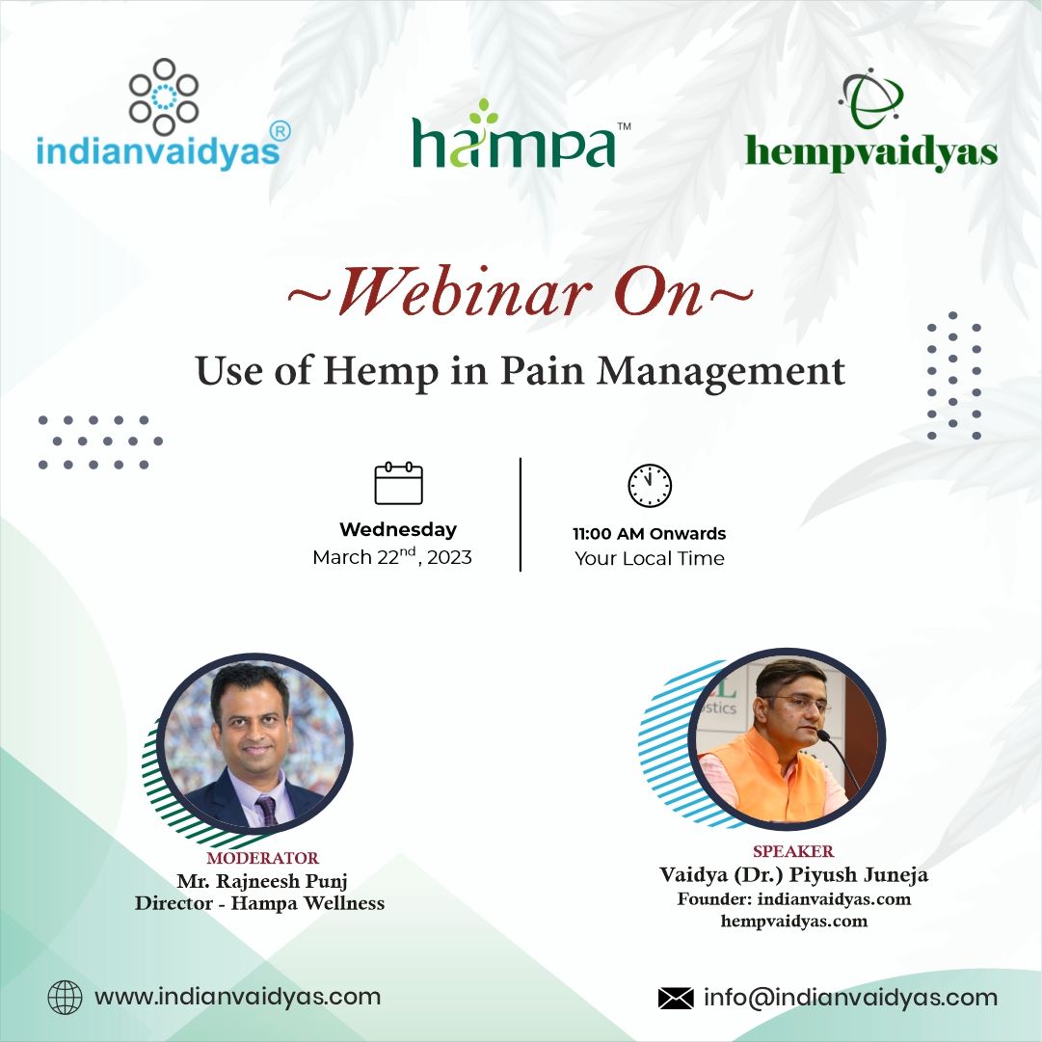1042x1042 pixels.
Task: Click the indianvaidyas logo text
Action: point(158,150)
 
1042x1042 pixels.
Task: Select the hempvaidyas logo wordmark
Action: point(871,153)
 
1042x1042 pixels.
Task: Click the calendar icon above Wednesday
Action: point(399,483)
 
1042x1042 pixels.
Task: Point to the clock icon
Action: point(650,485)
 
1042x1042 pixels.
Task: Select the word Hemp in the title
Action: point(381,370)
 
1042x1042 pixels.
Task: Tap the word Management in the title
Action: point(721,371)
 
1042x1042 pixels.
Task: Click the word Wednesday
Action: point(398,529)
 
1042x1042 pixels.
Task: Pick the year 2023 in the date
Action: point(450,557)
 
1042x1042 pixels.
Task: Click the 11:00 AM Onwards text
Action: point(650,534)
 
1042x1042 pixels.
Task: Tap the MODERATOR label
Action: point(263,858)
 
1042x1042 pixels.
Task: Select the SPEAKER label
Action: point(793,851)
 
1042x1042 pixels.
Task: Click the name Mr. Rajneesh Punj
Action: point(262,881)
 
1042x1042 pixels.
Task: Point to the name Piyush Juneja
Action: point(858,875)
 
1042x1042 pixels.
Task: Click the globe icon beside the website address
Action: point(66,997)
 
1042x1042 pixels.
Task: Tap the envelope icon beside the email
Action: point(676,998)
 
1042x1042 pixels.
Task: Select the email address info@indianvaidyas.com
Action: point(850,998)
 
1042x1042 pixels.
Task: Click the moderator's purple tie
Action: point(267,810)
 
